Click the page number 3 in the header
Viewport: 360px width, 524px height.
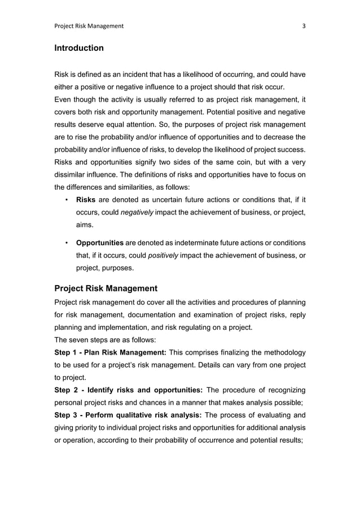[x=304, y=25]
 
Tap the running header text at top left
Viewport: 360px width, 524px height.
[x=89, y=25]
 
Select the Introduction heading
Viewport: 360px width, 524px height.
[x=78, y=48]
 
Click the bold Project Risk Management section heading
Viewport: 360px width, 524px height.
[x=106, y=289]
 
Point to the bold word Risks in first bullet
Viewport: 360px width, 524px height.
[x=85, y=199]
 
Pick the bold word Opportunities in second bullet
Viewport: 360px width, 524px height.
[x=99, y=243]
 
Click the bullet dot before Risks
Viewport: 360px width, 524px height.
[x=67, y=199]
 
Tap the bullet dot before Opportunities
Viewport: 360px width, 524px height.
[x=67, y=243]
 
